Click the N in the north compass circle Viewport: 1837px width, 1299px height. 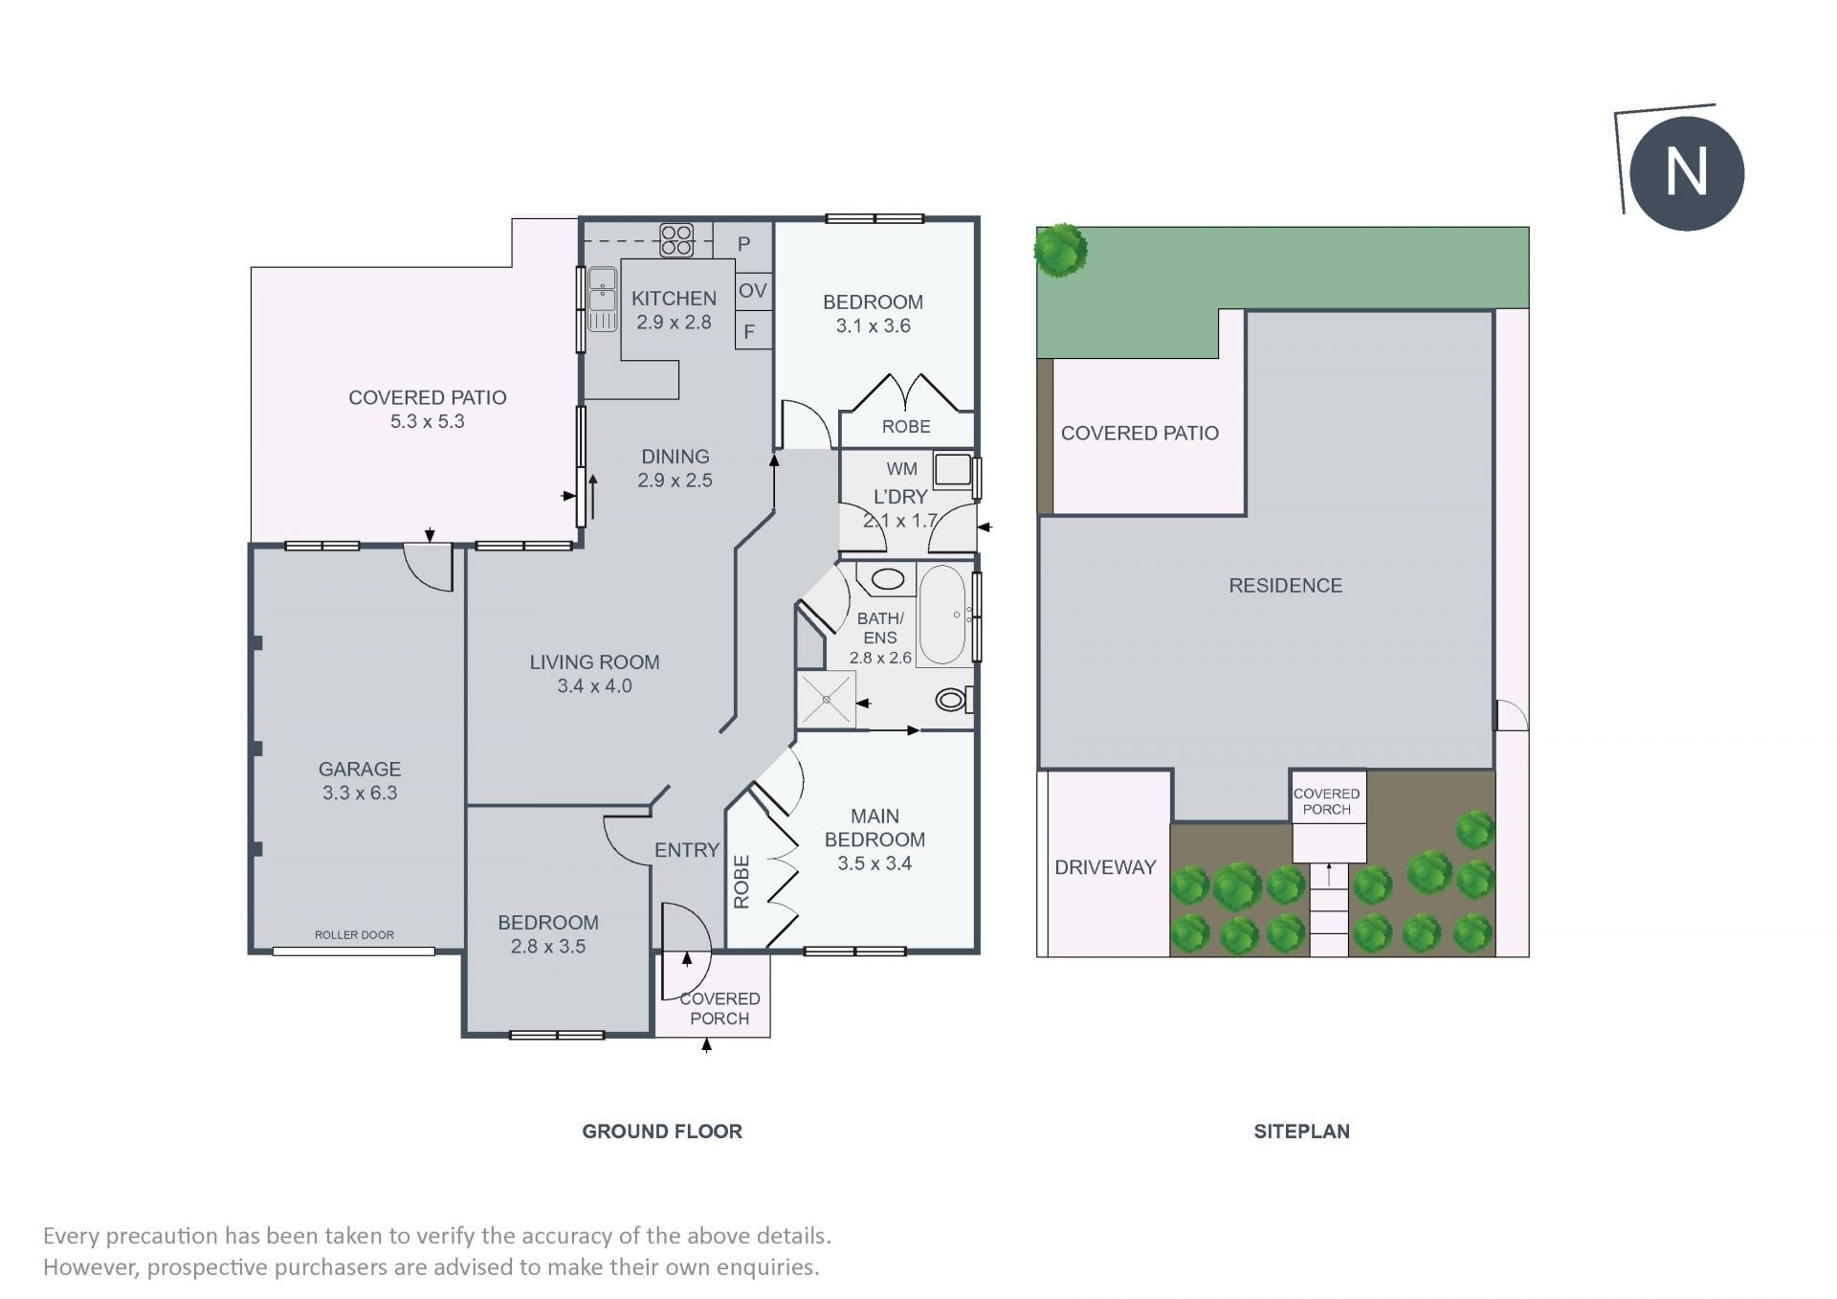point(1686,173)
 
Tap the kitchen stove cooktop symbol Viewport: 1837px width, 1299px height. point(676,240)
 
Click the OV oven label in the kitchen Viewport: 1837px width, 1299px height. point(753,290)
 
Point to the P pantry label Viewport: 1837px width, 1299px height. point(743,244)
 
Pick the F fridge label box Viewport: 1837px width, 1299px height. point(754,331)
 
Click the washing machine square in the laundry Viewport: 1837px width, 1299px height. point(953,470)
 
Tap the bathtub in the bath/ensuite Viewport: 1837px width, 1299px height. point(943,615)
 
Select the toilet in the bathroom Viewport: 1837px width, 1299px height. point(953,700)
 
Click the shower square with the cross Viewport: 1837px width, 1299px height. point(826,700)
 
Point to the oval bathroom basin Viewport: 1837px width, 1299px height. point(888,579)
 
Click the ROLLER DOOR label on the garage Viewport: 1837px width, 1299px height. point(354,935)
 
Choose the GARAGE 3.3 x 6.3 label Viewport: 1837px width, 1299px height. point(360,781)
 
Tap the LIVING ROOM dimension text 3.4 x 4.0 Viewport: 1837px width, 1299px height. point(595,686)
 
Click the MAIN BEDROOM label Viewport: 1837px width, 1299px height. point(874,828)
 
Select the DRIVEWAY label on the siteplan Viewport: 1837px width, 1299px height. point(1105,867)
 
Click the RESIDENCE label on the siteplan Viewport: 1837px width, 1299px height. point(1286,586)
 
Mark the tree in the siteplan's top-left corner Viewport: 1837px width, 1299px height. point(1060,250)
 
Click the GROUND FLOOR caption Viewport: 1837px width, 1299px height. point(662,1131)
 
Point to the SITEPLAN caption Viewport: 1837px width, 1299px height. point(1302,1131)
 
